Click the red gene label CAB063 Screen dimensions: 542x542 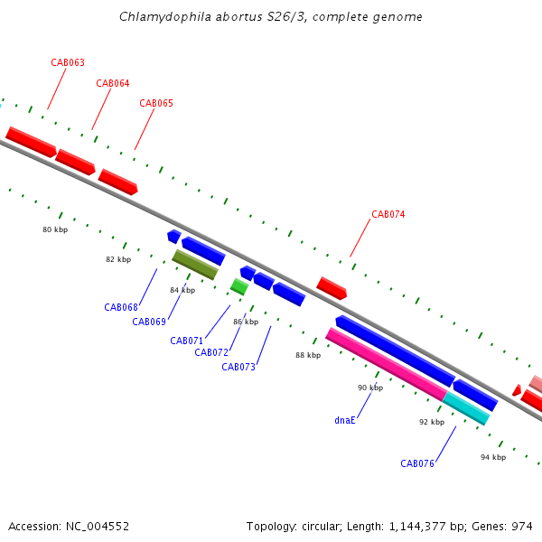click(68, 62)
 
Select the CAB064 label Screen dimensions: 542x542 click(113, 83)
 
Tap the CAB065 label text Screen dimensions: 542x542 click(156, 103)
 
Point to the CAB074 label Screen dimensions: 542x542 click(388, 214)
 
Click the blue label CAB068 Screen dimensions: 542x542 click(121, 307)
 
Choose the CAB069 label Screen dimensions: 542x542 click(149, 322)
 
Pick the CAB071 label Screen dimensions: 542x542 click(187, 341)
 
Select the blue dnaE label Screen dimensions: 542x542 click(345, 420)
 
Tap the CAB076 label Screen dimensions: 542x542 click(417, 463)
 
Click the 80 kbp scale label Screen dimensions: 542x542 click(55, 229)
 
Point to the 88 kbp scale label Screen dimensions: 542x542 click(308, 355)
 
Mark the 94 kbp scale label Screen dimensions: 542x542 click(493, 457)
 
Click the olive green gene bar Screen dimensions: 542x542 click(195, 265)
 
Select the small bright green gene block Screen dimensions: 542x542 click(239, 286)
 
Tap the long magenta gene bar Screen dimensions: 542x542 click(387, 364)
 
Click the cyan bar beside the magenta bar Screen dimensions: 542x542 click(466, 408)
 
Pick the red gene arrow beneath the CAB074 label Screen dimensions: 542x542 click(332, 288)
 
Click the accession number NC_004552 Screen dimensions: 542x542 click(98, 527)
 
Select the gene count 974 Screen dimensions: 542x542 click(522, 526)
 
